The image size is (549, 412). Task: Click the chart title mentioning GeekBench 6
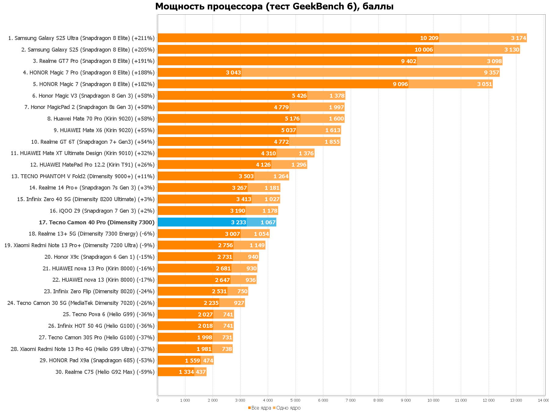274,6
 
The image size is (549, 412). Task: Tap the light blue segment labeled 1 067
261,222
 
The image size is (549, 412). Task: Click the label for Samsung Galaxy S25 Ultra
81,38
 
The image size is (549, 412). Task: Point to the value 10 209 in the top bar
429,38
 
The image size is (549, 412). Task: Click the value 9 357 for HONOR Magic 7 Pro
491,73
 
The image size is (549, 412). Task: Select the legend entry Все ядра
260,408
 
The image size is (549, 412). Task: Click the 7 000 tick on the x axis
350,400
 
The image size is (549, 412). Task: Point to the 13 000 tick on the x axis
516,400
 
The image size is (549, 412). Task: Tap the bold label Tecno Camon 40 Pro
97,222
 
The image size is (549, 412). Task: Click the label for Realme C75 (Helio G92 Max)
105,372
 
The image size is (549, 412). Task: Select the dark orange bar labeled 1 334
176,372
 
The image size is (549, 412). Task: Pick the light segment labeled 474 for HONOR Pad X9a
207,360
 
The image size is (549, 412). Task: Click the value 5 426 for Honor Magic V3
299,96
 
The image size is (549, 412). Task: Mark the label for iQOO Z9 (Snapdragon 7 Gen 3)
102,211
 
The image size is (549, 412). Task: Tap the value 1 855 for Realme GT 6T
332,142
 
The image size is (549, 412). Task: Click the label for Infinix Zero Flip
99,291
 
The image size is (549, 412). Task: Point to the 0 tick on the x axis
157,400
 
